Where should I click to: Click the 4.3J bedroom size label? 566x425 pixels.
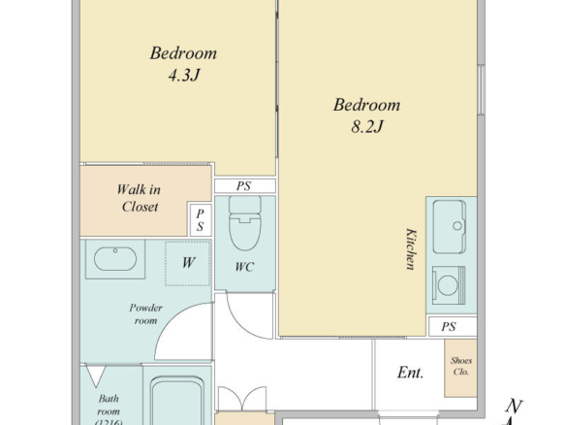point(184,75)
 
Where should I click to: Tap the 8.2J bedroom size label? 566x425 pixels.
point(366,126)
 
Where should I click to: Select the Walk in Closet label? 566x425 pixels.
point(139,198)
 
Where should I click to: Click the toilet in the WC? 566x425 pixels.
point(245,223)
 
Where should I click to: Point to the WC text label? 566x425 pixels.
point(244,267)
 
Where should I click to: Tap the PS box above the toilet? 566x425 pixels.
point(245,186)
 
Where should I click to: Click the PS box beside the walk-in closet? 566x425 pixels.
point(201,219)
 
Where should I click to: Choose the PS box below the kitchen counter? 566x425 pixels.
point(453,326)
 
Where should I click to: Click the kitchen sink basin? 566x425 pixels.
point(450,227)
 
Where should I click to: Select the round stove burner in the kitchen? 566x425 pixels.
point(448,285)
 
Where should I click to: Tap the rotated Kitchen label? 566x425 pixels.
point(411,249)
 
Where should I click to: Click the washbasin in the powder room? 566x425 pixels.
point(115,259)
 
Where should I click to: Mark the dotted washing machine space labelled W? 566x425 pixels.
point(188,264)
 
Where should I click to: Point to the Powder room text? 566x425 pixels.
point(145,314)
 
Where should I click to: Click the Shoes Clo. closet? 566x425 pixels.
point(460,369)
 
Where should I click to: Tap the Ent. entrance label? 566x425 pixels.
point(410,373)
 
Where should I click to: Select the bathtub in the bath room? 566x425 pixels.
point(177,401)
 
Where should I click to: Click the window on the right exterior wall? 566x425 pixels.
point(481,90)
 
